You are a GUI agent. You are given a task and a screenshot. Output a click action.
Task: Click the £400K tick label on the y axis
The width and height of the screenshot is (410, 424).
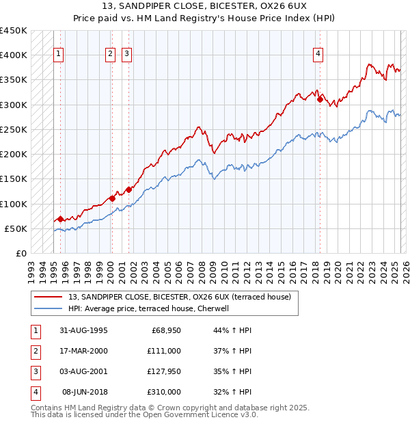tap(14, 55)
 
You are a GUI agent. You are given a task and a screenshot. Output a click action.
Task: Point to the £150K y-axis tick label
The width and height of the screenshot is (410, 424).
tap(14, 179)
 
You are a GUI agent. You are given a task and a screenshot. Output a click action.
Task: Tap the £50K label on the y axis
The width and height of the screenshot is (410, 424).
tap(16, 229)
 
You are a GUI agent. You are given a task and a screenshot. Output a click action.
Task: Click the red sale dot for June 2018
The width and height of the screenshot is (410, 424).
tap(320, 100)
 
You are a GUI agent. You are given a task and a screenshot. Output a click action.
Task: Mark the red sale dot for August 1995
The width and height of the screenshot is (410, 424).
tap(60, 220)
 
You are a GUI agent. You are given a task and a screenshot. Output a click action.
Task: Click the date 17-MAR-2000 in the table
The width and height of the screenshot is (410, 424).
tap(83, 351)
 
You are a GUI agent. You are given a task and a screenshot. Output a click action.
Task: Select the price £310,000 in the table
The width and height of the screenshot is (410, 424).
tap(164, 393)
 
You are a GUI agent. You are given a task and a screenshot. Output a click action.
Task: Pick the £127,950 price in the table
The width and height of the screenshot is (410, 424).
tap(164, 372)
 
